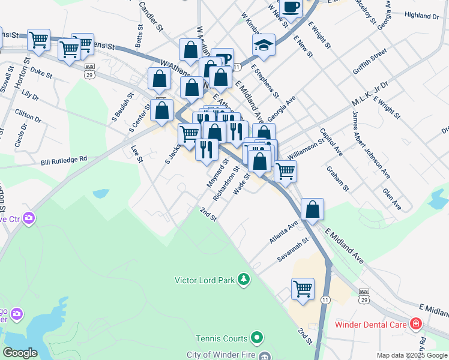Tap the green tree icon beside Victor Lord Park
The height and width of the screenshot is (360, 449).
(x=243, y=279)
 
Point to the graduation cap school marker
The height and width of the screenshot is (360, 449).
(x=263, y=44)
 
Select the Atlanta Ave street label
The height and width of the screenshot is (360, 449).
(x=284, y=232)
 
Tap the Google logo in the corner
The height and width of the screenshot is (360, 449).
(x=20, y=353)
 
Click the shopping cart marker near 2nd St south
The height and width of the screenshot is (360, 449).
(x=303, y=289)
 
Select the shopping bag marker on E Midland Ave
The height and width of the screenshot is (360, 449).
(x=312, y=209)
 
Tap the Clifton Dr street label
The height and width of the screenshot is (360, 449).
(x=29, y=115)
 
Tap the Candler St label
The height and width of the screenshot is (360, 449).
(x=151, y=15)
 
